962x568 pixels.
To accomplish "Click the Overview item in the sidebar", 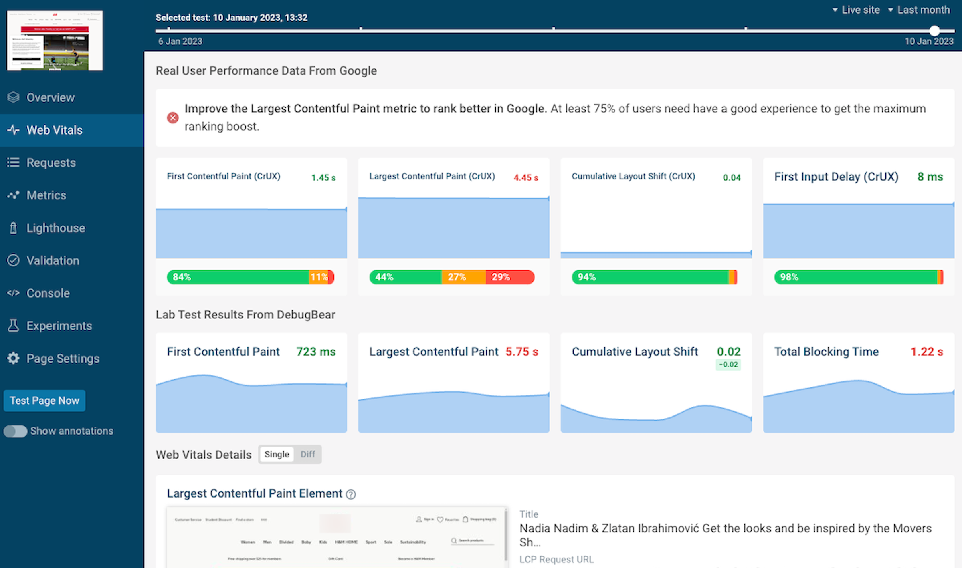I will pos(50,97).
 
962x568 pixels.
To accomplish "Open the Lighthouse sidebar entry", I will pos(55,228).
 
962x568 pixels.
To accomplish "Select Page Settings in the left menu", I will pos(63,359).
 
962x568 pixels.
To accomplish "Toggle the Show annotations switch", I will pos(15,431).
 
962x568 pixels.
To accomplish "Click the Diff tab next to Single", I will pos(307,454).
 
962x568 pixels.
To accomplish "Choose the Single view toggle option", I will pos(277,454).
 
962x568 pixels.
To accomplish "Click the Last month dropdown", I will pos(919,10).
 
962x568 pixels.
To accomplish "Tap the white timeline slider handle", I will pos(934,30).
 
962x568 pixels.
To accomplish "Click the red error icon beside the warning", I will pos(173,118).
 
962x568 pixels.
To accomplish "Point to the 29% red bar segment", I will pos(509,277).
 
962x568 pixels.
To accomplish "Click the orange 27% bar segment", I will pos(463,277).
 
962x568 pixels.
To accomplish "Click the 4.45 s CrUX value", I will pos(525,177).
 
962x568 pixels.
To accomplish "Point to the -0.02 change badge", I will pos(728,365).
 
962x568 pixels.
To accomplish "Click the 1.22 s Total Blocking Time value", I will pos(926,352).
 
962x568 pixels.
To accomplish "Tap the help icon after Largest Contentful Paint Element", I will pos(351,494).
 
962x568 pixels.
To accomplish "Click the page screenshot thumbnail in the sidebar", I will pos(55,40).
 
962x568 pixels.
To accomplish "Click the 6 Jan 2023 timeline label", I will pos(180,41).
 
